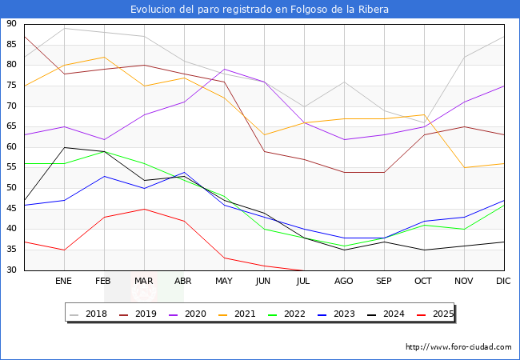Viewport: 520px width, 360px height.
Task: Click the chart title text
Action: pos(260,9)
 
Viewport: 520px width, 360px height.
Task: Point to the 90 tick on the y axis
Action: pos(11,24)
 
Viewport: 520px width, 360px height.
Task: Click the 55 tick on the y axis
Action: pos(11,167)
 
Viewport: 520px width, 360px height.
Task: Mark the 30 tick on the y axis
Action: pos(11,270)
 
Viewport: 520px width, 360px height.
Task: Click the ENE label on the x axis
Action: pos(63,282)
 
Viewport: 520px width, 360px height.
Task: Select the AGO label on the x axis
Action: pos(344,282)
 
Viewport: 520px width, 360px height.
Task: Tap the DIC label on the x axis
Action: pos(504,282)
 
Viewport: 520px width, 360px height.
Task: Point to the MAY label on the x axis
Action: pos(224,282)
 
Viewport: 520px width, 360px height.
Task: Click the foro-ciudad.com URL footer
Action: pos(458,347)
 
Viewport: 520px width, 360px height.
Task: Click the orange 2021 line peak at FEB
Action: pos(104,57)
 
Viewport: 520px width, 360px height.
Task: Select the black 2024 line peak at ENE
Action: pos(64,147)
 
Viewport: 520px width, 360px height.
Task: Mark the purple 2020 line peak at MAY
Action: pos(224,69)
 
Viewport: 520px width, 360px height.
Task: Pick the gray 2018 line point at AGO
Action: pos(344,82)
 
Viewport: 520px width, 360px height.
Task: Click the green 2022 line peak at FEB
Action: pos(104,151)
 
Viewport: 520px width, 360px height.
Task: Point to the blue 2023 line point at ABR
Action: pos(184,172)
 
